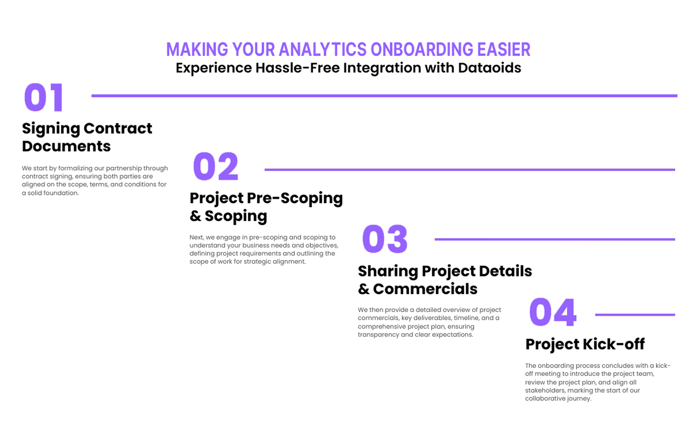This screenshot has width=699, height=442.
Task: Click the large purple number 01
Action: pyautogui.click(x=44, y=97)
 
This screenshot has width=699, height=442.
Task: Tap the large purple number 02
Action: pyautogui.click(x=216, y=166)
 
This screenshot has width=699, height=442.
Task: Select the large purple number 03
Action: pyautogui.click(x=385, y=239)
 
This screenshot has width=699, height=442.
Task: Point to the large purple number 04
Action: pyautogui.click(x=553, y=312)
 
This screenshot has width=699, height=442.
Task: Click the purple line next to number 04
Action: pyautogui.click(x=635, y=315)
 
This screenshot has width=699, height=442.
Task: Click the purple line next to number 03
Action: pyautogui.click(x=555, y=239)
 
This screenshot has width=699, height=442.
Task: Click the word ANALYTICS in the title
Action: pyautogui.click(x=323, y=49)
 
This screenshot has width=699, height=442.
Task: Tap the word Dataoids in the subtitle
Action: pyautogui.click(x=490, y=68)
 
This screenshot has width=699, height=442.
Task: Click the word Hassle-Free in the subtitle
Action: pyautogui.click(x=298, y=68)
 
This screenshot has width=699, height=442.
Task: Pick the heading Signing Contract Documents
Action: pyautogui.click(x=87, y=137)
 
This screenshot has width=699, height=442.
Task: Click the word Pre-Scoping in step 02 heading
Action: pyautogui.click(x=295, y=198)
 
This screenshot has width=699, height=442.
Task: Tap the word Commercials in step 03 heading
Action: pyautogui.click(x=425, y=289)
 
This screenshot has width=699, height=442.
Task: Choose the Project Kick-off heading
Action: pyautogui.click(x=585, y=344)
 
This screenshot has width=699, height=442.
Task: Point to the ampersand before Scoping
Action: pyautogui.click(x=196, y=216)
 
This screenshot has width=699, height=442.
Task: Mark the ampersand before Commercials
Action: pyautogui.click(x=363, y=289)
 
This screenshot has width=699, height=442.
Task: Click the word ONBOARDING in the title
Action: pyautogui.click(x=422, y=49)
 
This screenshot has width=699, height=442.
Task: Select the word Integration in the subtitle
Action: pyautogui.click(x=382, y=68)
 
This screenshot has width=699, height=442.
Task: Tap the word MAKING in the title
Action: pyautogui.click(x=197, y=49)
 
